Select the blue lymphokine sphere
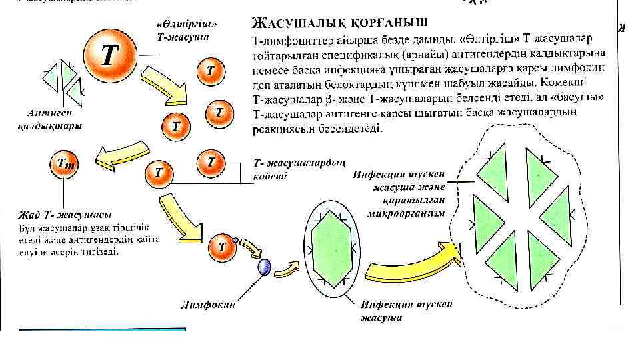click(x=264, y=267)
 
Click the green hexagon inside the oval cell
click(x=331, y=247)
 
